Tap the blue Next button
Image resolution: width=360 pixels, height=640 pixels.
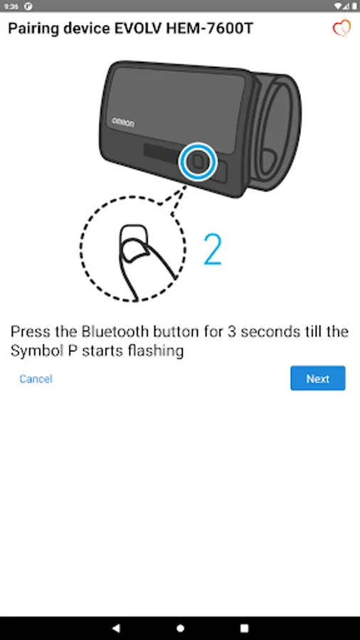coord(317,378)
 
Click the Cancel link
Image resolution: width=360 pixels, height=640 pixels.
coord(36,379)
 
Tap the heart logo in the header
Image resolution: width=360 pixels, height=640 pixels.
coord(342,28)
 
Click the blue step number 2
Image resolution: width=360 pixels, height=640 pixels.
coord(213,250)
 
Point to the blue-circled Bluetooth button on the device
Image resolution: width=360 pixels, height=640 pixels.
coord(198,161)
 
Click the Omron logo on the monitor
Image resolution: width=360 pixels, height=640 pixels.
coord(123,122)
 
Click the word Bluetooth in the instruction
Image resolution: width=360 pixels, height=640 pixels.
coord(115,331)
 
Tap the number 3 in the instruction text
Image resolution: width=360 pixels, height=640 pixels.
coord(231,331)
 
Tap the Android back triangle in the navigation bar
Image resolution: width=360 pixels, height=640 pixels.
coord(116,628)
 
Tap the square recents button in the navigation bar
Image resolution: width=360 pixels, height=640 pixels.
coord(244,628)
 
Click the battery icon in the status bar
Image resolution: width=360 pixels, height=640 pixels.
coord(354,6)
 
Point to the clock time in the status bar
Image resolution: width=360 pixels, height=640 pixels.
coord(11,6)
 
